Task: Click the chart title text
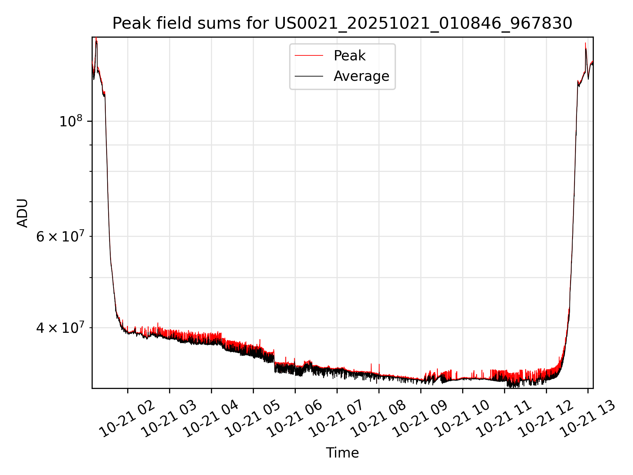[x=342, y=23]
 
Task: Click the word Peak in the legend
[x=349, y=56]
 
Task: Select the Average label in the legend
[x=361, y=76]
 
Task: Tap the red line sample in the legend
[x=309, y=56]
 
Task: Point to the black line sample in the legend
[x=309, y=76]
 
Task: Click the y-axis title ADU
[x=22, y=213]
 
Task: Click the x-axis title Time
[x=342, y=453]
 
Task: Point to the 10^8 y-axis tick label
[x=71, y=121]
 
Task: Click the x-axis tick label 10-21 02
[x=127, y=420]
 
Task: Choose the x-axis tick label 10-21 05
[x=253, y=420]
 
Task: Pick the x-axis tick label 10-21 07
[x=336, y=420]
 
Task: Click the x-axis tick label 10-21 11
[x=504, y=420]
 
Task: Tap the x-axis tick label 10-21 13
[x=588, y=420]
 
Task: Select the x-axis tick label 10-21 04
[x=211, y=420]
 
